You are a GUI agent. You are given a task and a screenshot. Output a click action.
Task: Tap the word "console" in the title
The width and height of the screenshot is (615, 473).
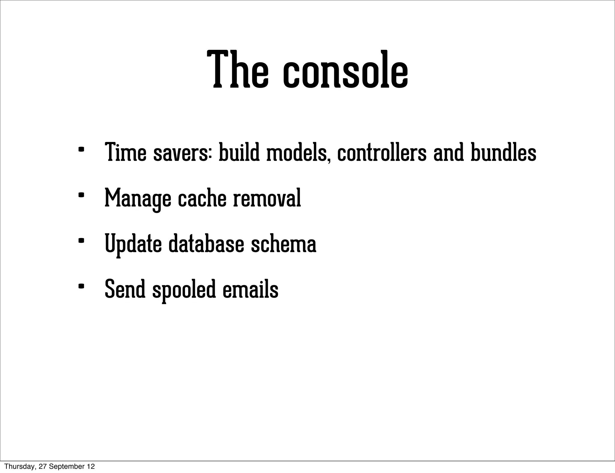point(345,72)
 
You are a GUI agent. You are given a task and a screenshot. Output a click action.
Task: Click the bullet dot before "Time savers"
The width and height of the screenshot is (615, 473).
point(81,149)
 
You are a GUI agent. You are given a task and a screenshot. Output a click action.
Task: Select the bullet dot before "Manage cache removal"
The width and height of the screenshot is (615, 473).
point(81,195)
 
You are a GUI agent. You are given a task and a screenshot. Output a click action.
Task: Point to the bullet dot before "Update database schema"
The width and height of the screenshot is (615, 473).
point(81,241)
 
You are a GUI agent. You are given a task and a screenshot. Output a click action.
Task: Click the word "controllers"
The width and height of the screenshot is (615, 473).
point(382,152)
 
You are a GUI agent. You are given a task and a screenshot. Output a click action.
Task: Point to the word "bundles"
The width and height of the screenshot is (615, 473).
point(503,152)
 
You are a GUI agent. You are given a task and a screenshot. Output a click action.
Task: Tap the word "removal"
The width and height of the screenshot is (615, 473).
point(267,198)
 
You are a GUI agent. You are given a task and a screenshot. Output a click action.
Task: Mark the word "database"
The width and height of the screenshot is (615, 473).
point(206,243)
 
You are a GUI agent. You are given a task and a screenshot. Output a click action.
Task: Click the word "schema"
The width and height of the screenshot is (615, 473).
point(283,243)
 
